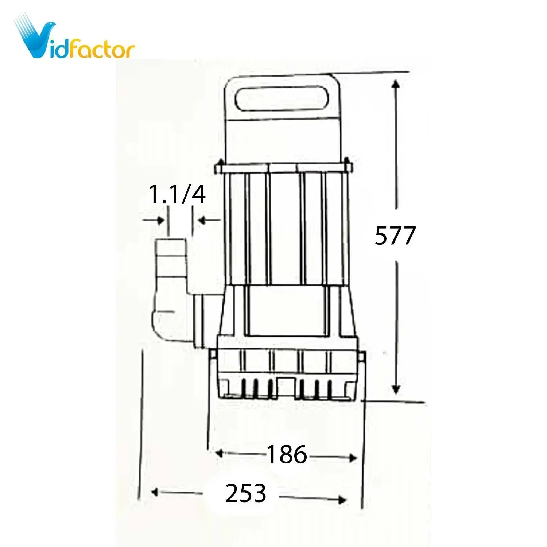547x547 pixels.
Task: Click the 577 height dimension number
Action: tap(395, 236)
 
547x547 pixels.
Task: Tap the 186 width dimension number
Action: tap(287, 455)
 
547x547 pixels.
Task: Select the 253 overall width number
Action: tap(245, 493)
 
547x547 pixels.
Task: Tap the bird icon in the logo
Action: tap(35, 36)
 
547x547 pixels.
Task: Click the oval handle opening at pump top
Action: tap(282, 98)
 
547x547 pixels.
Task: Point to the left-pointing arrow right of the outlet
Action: tap(201, 220)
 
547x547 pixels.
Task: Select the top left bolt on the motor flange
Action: tap(221, 163)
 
